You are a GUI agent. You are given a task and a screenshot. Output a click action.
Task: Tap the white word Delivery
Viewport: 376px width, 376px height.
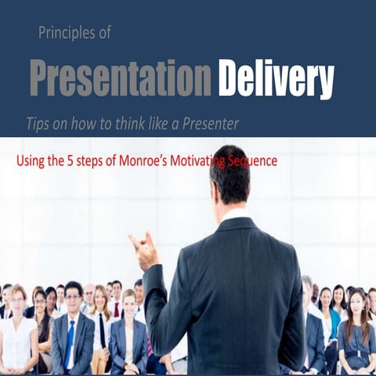(x=276, y=78)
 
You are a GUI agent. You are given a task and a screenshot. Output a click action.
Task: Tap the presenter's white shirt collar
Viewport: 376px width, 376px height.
(x=233, y=213)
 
